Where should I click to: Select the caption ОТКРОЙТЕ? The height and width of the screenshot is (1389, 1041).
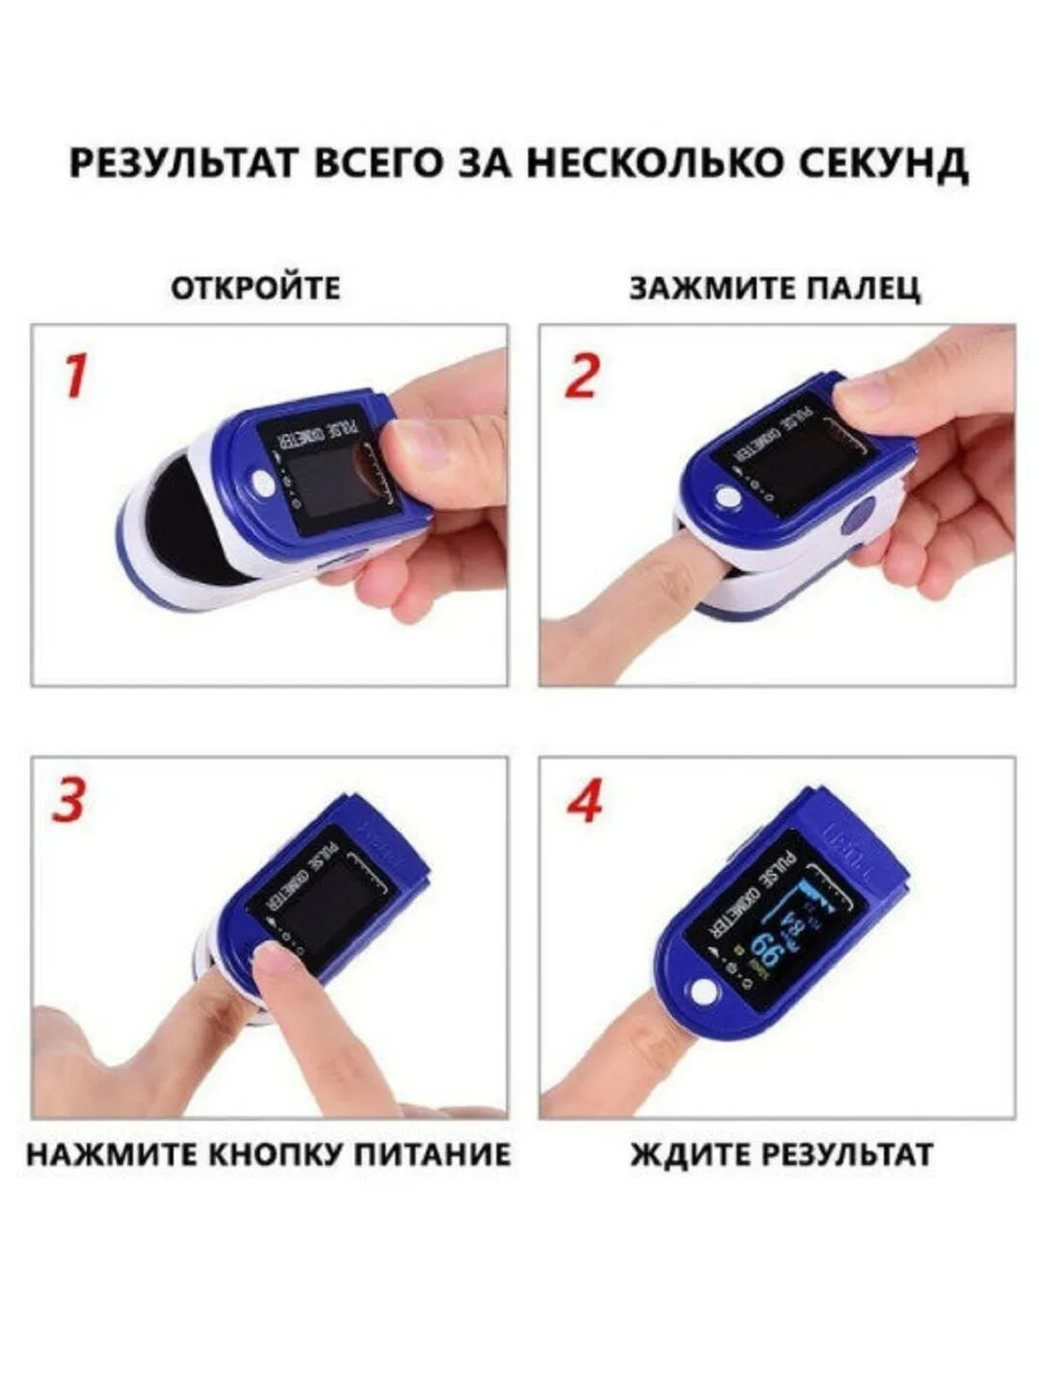(256, 287)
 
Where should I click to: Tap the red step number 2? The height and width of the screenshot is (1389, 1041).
(581, 376)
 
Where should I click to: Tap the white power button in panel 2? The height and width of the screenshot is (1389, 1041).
(728, 498)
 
